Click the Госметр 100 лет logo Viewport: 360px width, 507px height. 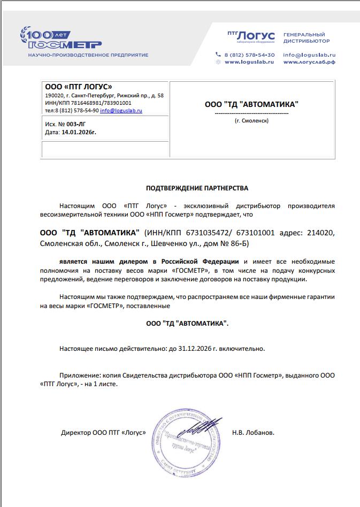[x=60, y=38]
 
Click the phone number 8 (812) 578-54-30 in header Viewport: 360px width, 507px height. [x=249, y=55]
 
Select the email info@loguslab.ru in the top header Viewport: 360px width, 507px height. [x=309, y=55]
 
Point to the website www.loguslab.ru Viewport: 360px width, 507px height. [x=249, y=62]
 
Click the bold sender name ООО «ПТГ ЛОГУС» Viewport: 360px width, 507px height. [x=78, y=87]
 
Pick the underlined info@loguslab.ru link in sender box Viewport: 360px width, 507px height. [x=121, y=111]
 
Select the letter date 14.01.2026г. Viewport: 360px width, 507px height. [x=79, y=131]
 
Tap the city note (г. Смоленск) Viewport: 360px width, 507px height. [x=251, y=121]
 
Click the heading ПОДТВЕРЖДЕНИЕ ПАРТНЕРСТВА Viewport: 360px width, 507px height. [x=197, y=188]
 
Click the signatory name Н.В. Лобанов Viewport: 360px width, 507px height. [x=253, y=433]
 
